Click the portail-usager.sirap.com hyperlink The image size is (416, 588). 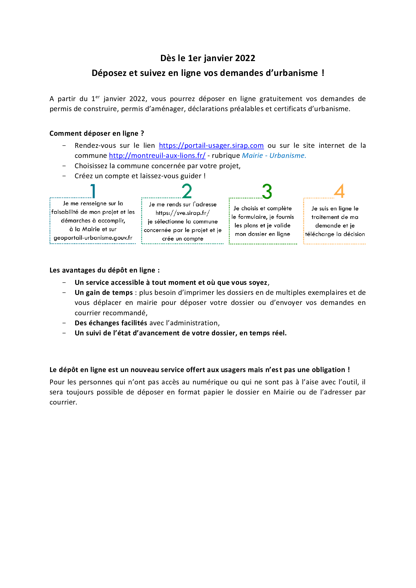(x=211, y=146)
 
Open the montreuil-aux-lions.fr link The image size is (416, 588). (x=157, y=155)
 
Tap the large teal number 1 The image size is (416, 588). (x=93, y=191)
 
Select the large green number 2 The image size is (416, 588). (x=187, y=191)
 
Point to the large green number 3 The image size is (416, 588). (x=267, y=191)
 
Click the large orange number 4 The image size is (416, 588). (x=339, y=191)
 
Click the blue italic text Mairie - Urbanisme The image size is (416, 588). (x=274, y=155)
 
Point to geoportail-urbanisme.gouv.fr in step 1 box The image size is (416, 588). (x=93, y=238)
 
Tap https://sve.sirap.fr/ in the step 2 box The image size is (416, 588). (x=183, y=213)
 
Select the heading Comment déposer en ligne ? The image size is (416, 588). (x=97, y=133)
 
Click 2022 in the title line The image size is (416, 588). (x=245, y=58)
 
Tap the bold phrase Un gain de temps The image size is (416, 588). (x=103, y=292)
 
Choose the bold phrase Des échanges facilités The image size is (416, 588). (x=111, y=323)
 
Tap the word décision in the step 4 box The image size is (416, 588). (x=354, y=234)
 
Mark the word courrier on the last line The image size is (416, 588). (x=63, y=402)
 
